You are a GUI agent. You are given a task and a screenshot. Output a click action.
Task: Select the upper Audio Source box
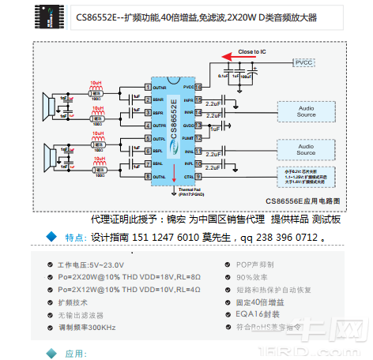click(307, 111)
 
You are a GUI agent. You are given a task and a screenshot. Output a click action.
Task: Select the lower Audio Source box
click(307, 148)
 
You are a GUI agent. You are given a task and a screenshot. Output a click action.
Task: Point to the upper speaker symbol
click(49, 106)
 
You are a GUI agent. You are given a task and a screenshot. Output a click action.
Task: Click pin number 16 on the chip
click(198, 88)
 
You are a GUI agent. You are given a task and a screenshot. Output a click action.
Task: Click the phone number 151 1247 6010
click(167, 236)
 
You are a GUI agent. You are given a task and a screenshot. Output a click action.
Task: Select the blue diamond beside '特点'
click(52, 236)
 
